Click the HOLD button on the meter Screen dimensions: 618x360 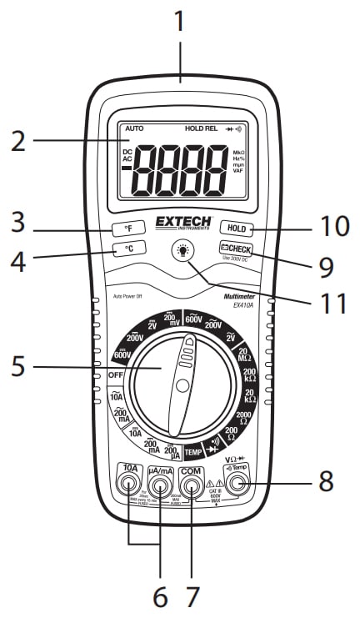(237, 227)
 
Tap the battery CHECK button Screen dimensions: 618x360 (236, 249)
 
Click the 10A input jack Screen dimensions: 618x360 (129, 484)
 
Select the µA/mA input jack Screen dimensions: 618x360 (161, 485)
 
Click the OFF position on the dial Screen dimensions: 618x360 (116, 376)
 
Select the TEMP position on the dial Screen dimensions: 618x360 (193, 451)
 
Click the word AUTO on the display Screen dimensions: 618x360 (133, 130)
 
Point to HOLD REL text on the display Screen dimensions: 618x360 (200, 130)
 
